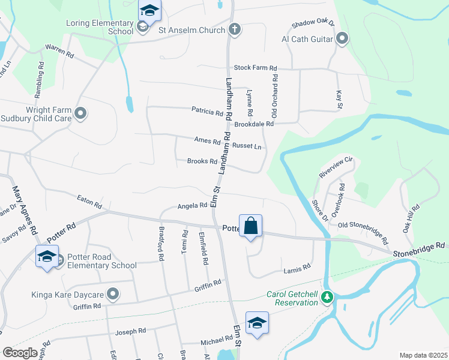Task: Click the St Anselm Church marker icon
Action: click(234, 29)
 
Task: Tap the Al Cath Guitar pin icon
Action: click(343, 40)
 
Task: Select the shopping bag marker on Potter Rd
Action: click(251, 226)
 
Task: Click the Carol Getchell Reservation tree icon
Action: click(327, 297)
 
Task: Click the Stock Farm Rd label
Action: click(255, 68)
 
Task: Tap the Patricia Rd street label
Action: click(207, 111)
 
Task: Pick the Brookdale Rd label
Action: click(254, 124)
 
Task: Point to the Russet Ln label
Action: click(247, 146)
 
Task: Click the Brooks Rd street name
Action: click(202, 161)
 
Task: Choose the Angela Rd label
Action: click(192, 206)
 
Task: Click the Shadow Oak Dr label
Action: click(312, 24)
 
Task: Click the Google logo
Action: click(20, 352)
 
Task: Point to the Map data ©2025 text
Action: click(423, 355)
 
